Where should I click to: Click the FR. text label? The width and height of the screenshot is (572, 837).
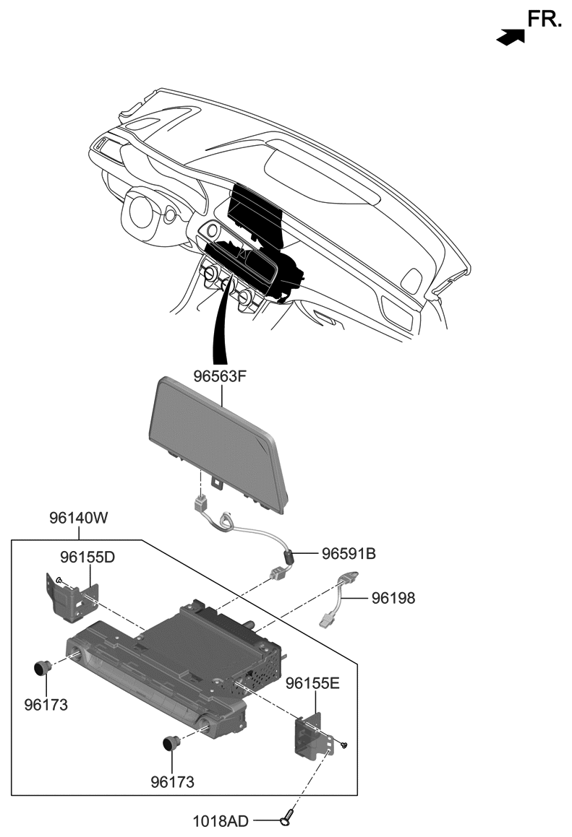tap(544, 19)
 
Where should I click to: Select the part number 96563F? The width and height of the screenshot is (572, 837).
tap(221, 376)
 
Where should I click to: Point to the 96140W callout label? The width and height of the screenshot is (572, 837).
tap(78, 518)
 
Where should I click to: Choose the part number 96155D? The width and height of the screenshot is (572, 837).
tap(87, 557)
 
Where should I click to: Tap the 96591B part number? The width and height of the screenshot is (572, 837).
tap(348, 554)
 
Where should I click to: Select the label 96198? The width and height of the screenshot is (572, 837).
tap(393, 598)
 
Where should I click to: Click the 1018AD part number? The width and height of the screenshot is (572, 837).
tap(221, 821)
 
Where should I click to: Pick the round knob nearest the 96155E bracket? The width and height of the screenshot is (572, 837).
tap(171, 742)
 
